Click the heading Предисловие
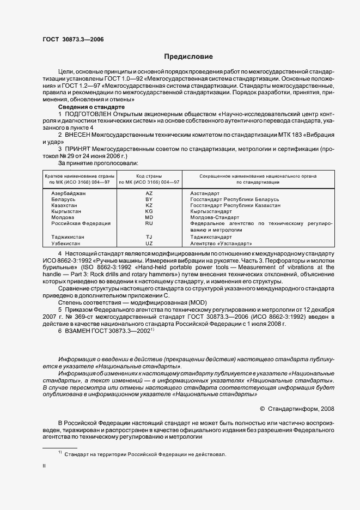coord(188,57)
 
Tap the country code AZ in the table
coord(149,193)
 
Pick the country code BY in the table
coord(149,199)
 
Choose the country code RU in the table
coord(149,223)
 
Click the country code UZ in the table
coord(149,244)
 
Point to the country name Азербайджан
coord(69,193)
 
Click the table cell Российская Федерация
coord(81,223)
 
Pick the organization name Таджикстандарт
coord(212,238)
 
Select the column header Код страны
coord(149,177)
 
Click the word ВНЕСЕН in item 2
coord(80,134)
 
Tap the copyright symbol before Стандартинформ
coord(263,408)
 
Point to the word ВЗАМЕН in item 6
coord(79,331)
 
